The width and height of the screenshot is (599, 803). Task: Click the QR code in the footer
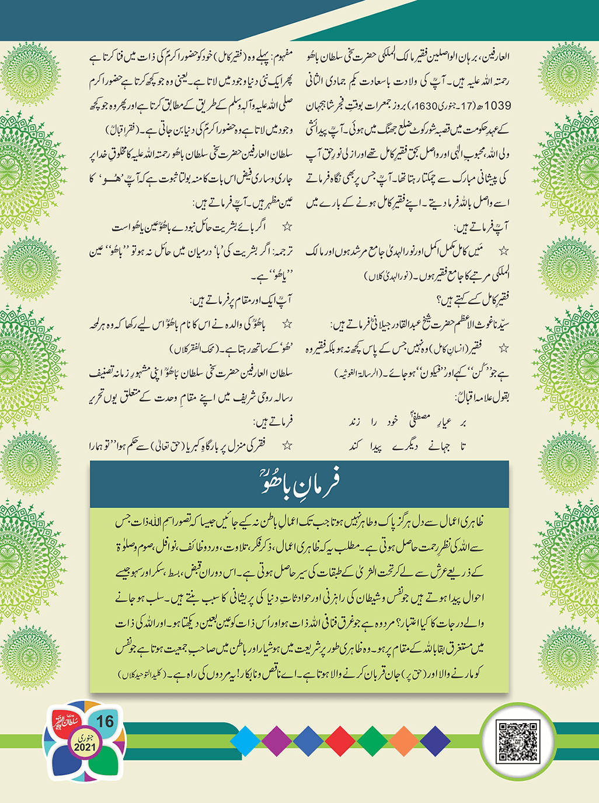[x=516, y=741]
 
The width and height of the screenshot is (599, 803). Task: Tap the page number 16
[x=105, y=721]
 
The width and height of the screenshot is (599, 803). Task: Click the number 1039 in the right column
[x=497, y=106]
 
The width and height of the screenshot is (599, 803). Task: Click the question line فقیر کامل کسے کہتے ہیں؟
[x=473, y=299]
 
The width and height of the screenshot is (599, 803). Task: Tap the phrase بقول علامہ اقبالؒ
[x=482, y=397]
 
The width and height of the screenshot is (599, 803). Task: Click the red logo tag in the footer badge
[x=64, y=725]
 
